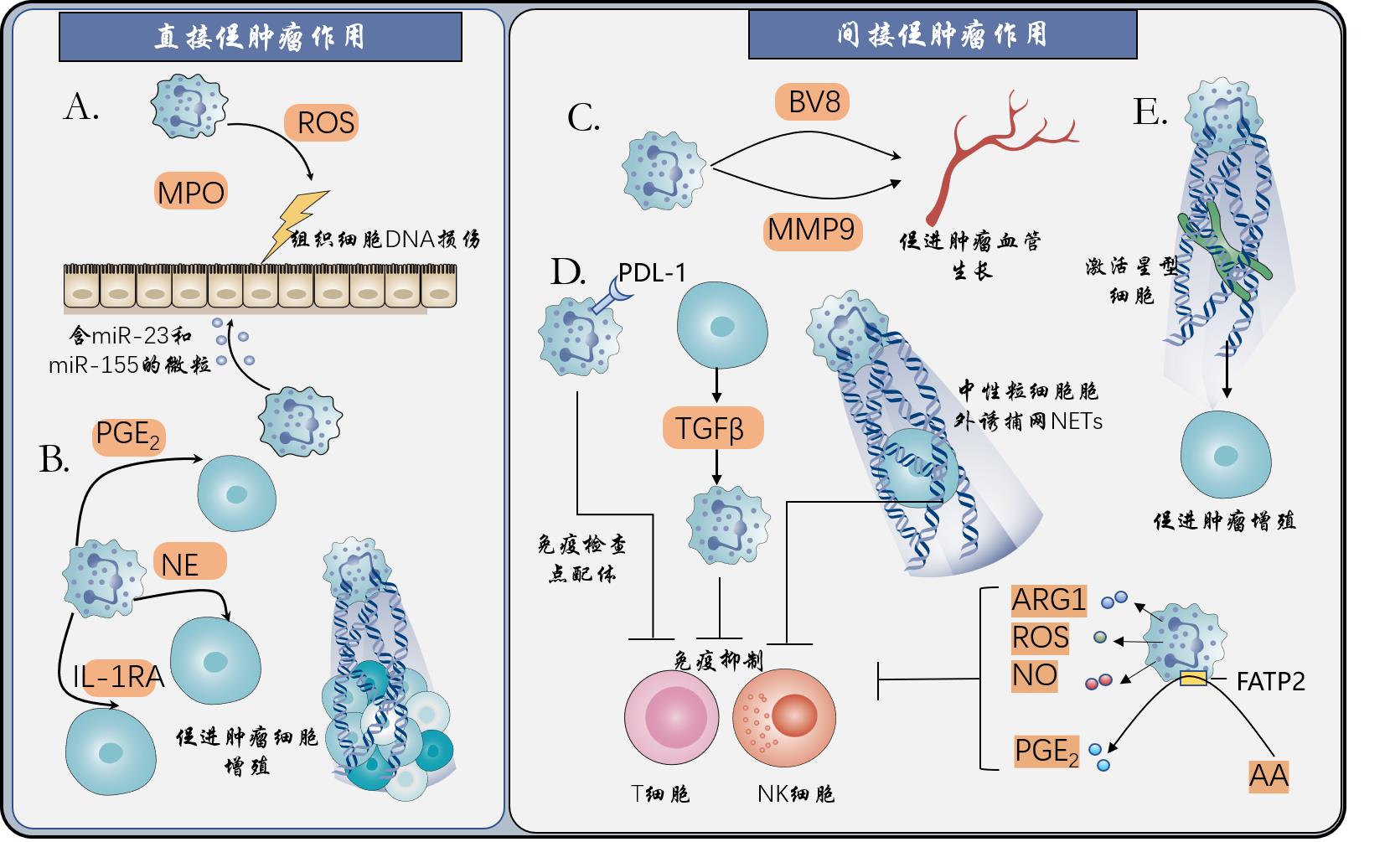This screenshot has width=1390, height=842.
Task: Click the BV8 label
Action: tap(814, 102)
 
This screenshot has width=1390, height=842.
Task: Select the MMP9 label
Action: tap(811, 229)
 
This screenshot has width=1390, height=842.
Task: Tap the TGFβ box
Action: tap(711, 428)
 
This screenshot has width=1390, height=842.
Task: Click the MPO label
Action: tap(191, 193)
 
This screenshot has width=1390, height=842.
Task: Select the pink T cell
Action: tap(671, 716)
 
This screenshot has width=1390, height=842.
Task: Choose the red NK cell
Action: tap(784, 717)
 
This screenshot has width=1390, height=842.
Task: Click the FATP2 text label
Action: tap(1270, 681)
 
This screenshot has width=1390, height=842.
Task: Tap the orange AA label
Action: tap(1269, 776)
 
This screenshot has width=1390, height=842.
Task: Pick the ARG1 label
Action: tap(1048, 600)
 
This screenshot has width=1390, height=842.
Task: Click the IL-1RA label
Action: tap(118, 675)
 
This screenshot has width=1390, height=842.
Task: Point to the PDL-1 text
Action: tap(652, 272)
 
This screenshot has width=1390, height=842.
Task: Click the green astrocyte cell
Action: tap(1223, 245)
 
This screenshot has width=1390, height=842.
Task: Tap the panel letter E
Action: tap(1150, 111)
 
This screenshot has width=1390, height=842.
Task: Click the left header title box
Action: tap(260, 37)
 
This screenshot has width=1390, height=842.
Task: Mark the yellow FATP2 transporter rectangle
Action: tap(1193, 679)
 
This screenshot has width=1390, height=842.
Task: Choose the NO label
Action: tap(1034, 675)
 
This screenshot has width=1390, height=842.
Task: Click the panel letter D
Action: tap(567, 272)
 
